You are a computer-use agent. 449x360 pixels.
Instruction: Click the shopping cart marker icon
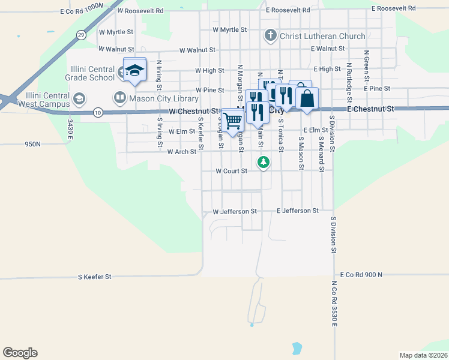pos(232,120)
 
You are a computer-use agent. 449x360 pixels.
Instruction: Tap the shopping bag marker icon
pos(307,99)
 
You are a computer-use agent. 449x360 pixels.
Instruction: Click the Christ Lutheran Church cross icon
pos(270,36)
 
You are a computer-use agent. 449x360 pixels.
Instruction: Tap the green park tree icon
pos(263,161)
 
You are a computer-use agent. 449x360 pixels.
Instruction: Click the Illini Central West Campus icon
pos(78,98)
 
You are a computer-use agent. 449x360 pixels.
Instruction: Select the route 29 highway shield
pos(80,35)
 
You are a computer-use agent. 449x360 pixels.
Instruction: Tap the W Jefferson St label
pos(235,212)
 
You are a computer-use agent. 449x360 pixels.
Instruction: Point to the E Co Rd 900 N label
pos(361,274)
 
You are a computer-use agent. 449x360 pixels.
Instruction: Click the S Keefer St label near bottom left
pos(95,277)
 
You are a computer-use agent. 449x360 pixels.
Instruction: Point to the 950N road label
pos(32,145)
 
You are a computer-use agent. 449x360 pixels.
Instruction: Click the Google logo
pos(20,353)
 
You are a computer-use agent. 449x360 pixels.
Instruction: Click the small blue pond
pos(296,347)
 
